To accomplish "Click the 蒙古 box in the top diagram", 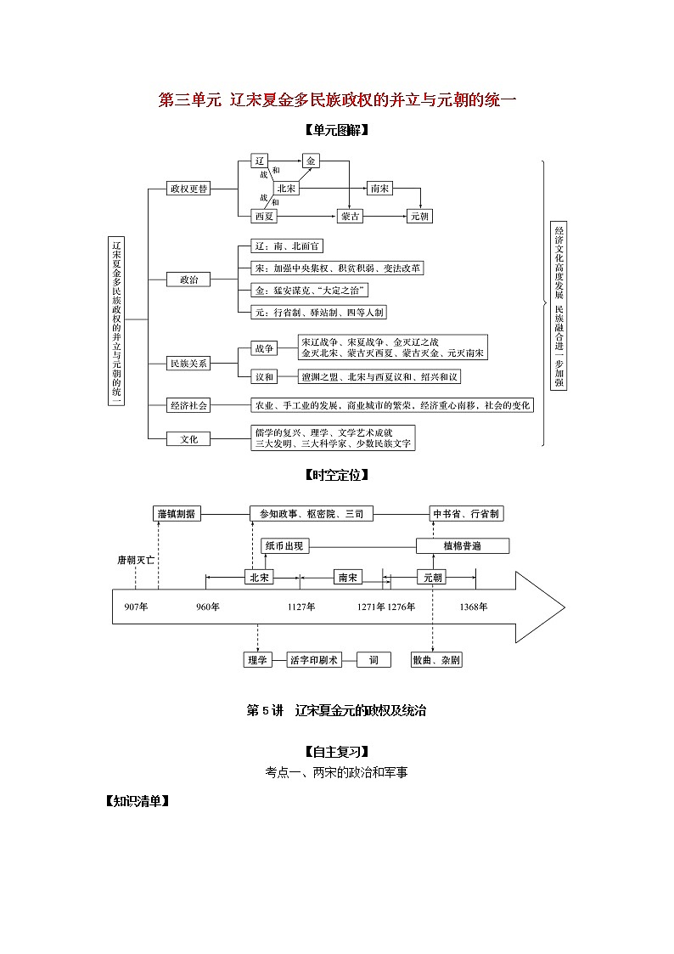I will click(x=351, y=216).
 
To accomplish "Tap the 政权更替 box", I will click(x=188, y=189).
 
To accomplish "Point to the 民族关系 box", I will click(x=188, y=363).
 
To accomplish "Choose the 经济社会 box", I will click(x=188, y=405).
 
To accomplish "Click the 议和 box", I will click(x=264, y=376).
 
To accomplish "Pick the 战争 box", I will click(x=264, y=348).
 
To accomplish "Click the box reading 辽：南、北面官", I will click(x=288, y=246).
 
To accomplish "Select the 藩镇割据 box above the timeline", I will click(x=177, y=514).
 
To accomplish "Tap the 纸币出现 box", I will click(x=284, y=545).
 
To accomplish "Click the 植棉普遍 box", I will click(x=462, y=545).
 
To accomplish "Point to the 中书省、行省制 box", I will click(x=466, y=514).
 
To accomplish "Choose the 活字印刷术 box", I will click(x=314, y=659).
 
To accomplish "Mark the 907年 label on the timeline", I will click(x=136, y=607).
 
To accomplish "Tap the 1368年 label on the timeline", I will click(x=474, y=607).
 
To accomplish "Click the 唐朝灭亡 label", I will click(x=136, y=561).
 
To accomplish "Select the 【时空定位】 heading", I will click(x=336, y=475).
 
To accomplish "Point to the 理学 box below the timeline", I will click(x=256, y=659).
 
